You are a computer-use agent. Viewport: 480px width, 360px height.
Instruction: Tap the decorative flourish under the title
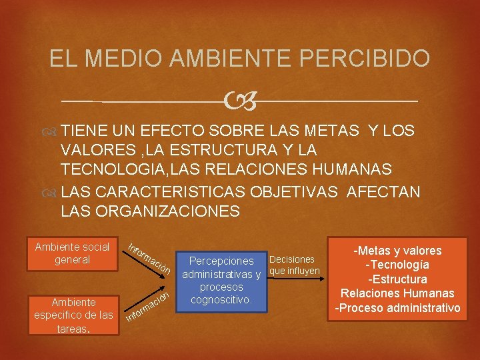(239, 101)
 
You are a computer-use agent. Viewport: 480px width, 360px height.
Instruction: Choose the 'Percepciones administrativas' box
(221, 280)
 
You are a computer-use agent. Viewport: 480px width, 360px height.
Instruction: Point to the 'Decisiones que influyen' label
(295, 265)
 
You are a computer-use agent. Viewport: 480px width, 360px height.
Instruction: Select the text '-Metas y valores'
(398, 251)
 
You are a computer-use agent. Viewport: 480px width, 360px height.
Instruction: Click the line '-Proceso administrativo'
(398, 307)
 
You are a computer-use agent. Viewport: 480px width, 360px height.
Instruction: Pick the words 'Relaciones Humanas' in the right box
(398, 293)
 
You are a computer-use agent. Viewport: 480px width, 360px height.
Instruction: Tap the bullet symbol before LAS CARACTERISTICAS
(51, 193)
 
